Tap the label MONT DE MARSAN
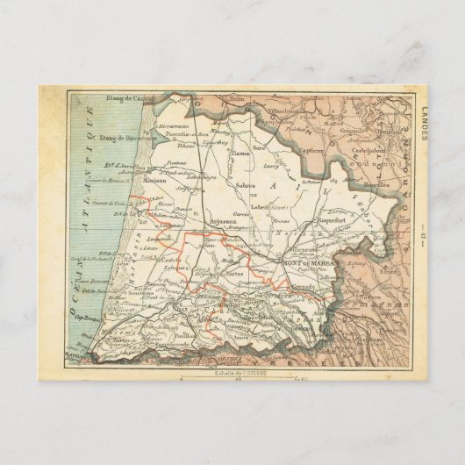(306, 262)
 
